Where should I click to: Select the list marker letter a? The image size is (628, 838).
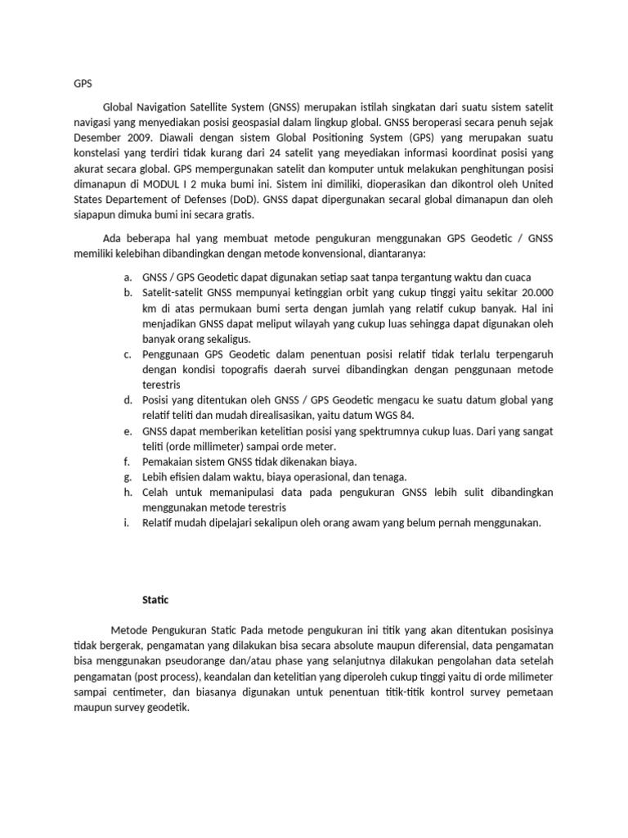(x=128, y=277)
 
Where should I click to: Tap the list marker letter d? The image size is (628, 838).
(x=128, y=399)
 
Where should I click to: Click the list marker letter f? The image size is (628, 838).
(x=128, y=461)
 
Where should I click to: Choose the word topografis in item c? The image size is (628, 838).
(x=236, y=369)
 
